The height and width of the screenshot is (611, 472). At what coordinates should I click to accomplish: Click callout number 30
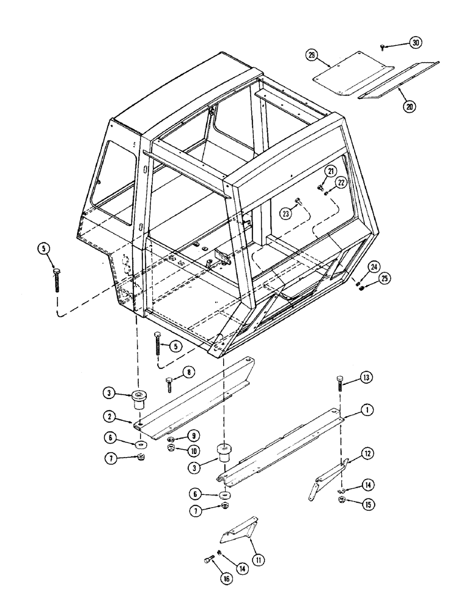coord(416,43)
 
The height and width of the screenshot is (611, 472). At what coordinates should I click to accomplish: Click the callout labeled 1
coord(366,411)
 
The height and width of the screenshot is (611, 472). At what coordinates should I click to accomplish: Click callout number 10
coord(193,451)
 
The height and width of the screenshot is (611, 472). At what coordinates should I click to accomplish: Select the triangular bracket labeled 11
coord(240,532)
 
